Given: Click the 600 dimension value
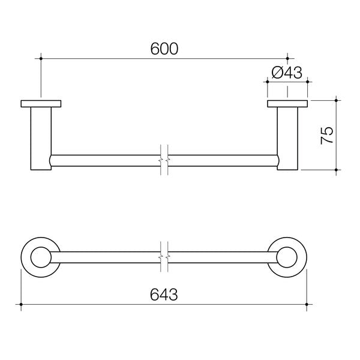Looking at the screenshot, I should [164, 50].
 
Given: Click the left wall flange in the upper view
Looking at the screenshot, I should [41, 104].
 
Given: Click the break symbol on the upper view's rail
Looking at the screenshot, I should [164, 161].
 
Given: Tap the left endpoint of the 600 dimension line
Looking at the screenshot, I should [41, 58].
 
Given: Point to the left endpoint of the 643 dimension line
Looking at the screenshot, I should [22, 305].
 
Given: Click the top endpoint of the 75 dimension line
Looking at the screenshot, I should [337, 100].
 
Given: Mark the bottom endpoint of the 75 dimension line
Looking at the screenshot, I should [337, 171].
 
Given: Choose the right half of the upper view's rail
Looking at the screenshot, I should [222, 161].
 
